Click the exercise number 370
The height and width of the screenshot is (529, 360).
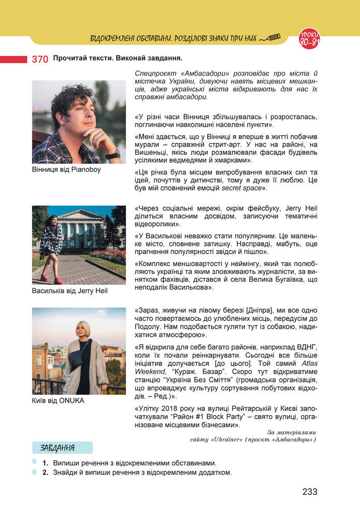(x=40, y=59)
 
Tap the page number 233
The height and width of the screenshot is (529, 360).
(x=310, y=492)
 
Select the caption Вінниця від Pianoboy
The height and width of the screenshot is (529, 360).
(x=66, y=169)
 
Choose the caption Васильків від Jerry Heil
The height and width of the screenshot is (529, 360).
(x=69, y=291)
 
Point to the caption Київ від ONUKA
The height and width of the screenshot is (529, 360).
(x=57, y=401)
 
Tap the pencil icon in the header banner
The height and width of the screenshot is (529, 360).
(x=270, y=37)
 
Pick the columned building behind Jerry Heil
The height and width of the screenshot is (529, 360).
(x=83, y=229)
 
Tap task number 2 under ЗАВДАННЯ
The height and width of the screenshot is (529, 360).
(x=46, y=473)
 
